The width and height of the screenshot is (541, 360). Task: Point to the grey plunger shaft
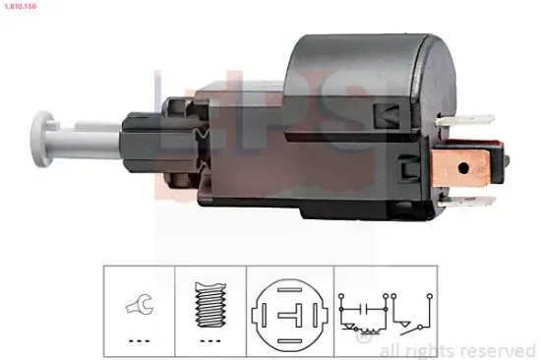89,130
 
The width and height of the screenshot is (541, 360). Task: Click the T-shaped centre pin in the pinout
288,314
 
